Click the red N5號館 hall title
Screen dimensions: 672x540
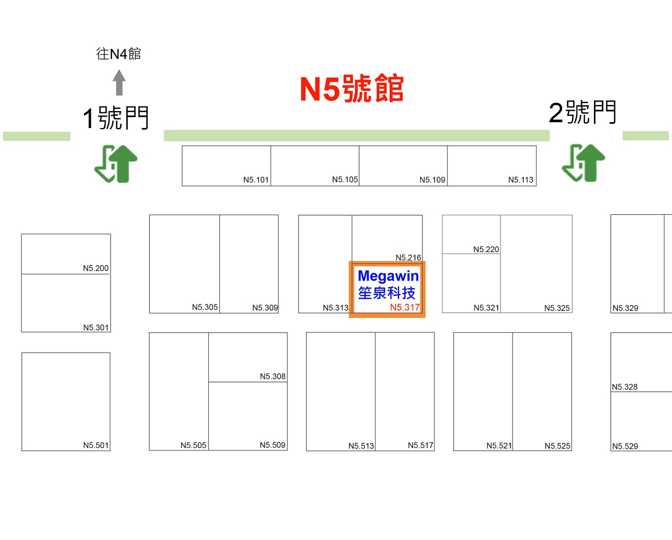pos(352,88)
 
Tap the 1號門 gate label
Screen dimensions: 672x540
pos(115,118)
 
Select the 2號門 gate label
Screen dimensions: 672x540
pos(582,112)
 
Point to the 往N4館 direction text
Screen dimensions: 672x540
pos(118,54)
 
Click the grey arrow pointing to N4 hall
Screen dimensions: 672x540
pos(119,82)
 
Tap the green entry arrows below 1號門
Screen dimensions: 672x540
pos(116,164)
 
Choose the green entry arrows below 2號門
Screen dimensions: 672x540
pos(583,163)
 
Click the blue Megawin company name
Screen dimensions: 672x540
pos(388,276)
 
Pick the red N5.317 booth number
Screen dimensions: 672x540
pos(405,307)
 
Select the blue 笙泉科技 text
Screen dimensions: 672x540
pos(387,293)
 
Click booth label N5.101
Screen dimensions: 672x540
pos(256,180)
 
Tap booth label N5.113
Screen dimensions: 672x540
pos(521,180)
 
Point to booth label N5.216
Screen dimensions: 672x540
pos(408,257)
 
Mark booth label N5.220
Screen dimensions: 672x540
pos(486,249)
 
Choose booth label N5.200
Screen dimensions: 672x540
pos(96,268)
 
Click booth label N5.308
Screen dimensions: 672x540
pos(273,376)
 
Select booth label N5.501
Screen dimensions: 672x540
pos(96,445)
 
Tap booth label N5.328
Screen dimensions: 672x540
pos(625,387)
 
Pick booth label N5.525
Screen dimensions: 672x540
pos(557,446)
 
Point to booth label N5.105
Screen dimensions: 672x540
pos(345,179)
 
